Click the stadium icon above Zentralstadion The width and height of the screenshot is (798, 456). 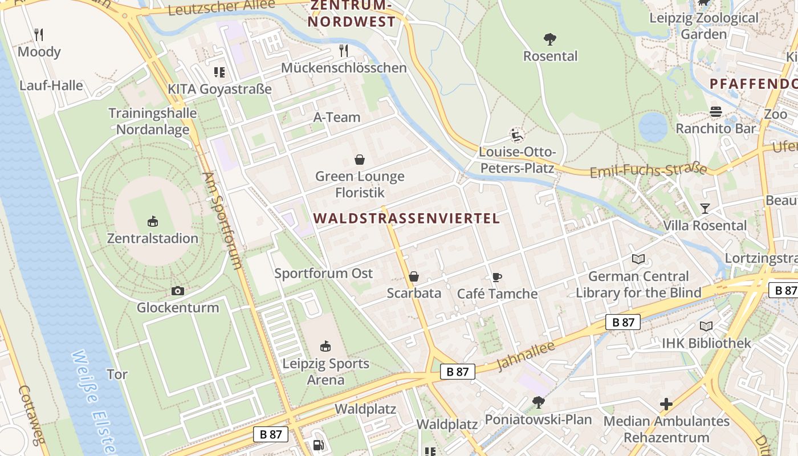coord(153,221)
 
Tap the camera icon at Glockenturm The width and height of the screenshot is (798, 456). coord(178,291)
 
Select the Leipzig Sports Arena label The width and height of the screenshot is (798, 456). coord(326,371)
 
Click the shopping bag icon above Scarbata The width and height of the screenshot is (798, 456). coord(414,277)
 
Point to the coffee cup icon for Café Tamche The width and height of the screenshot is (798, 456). coord(496,278)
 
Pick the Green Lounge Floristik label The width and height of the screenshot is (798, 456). coord(360,184)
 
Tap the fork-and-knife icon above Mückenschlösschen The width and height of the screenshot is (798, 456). coord(343,51)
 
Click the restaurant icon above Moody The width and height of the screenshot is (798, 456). coord(38,35)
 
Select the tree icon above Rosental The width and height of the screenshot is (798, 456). coord(550,39)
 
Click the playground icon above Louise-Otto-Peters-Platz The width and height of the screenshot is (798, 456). coord(516,136)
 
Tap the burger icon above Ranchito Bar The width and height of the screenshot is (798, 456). coord(715,112)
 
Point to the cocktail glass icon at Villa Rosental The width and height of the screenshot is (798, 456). coord(705,209)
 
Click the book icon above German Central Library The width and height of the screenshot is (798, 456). coord(638,259)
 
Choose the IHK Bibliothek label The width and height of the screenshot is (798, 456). coord(706,343)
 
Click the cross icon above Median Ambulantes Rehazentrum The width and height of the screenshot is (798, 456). coord(666,404)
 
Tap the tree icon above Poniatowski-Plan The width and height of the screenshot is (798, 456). coord(538,402)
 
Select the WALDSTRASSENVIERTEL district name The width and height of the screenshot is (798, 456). coord(406,218)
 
